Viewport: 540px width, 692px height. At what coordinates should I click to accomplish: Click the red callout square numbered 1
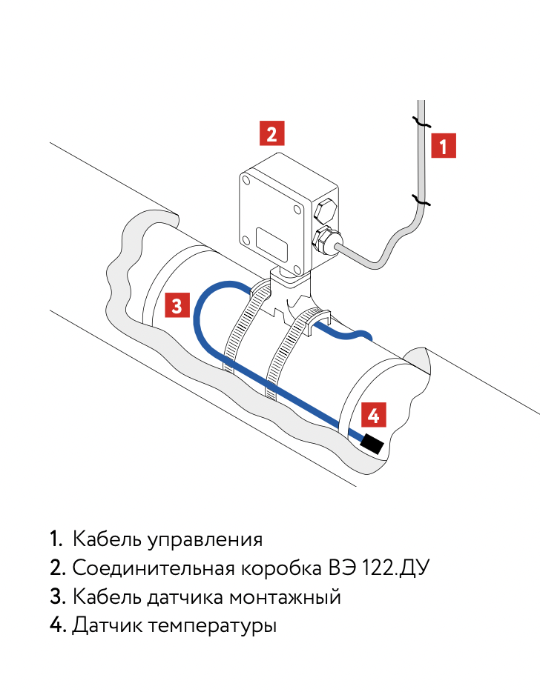coord(444,146)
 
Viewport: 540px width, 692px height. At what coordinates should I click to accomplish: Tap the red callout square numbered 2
coord(271,133)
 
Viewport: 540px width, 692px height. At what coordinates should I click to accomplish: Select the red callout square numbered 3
coord(177,305)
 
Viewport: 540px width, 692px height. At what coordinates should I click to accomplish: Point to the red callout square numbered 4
coord(373,415)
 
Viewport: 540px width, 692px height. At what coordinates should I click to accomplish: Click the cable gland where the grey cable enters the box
coord(326,242)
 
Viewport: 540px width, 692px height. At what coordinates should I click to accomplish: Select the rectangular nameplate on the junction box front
coord(271,243)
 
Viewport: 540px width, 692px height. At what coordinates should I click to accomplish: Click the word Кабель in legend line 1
coord(107,539)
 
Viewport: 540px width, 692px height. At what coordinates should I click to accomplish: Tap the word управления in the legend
coord(205,541)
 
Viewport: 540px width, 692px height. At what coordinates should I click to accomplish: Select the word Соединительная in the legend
coord(154,568)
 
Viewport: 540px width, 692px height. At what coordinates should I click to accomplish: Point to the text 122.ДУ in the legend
coord(395,568)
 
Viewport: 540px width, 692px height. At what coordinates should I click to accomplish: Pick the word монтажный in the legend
coord(285,597)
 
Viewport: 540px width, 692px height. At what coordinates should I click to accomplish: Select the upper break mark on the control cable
coord(421,122)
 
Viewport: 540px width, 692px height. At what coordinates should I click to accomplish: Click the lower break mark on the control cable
coord(421,200)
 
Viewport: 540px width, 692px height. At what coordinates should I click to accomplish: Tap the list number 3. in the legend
coord(58,596)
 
